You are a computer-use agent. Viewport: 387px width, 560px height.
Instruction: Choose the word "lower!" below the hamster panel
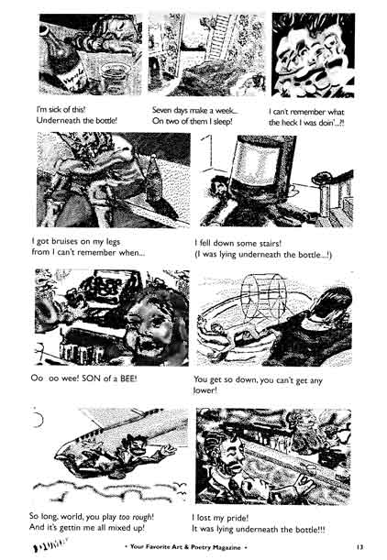pos(212,390)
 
